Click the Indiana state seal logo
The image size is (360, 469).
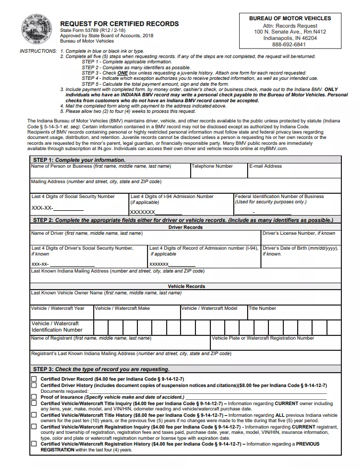[x=34, y=29]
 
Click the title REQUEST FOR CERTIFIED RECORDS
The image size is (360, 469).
[x=119, y=24]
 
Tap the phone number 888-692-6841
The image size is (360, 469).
[x=290, y=44]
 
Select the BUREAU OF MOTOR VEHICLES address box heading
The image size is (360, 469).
[x=290, y=18]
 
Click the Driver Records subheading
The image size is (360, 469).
[x=185, y=227]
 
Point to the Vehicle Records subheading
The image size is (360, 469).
[x=186, y=286]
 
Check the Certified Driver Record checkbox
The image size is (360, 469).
[x=34, y=379]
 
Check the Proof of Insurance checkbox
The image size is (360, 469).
[x=34, y=397]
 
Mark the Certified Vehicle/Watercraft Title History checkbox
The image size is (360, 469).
[x=34, y=415]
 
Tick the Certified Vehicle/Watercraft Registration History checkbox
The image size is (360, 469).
[x=34, y=443]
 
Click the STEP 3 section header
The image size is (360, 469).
[x=101, y=369]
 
